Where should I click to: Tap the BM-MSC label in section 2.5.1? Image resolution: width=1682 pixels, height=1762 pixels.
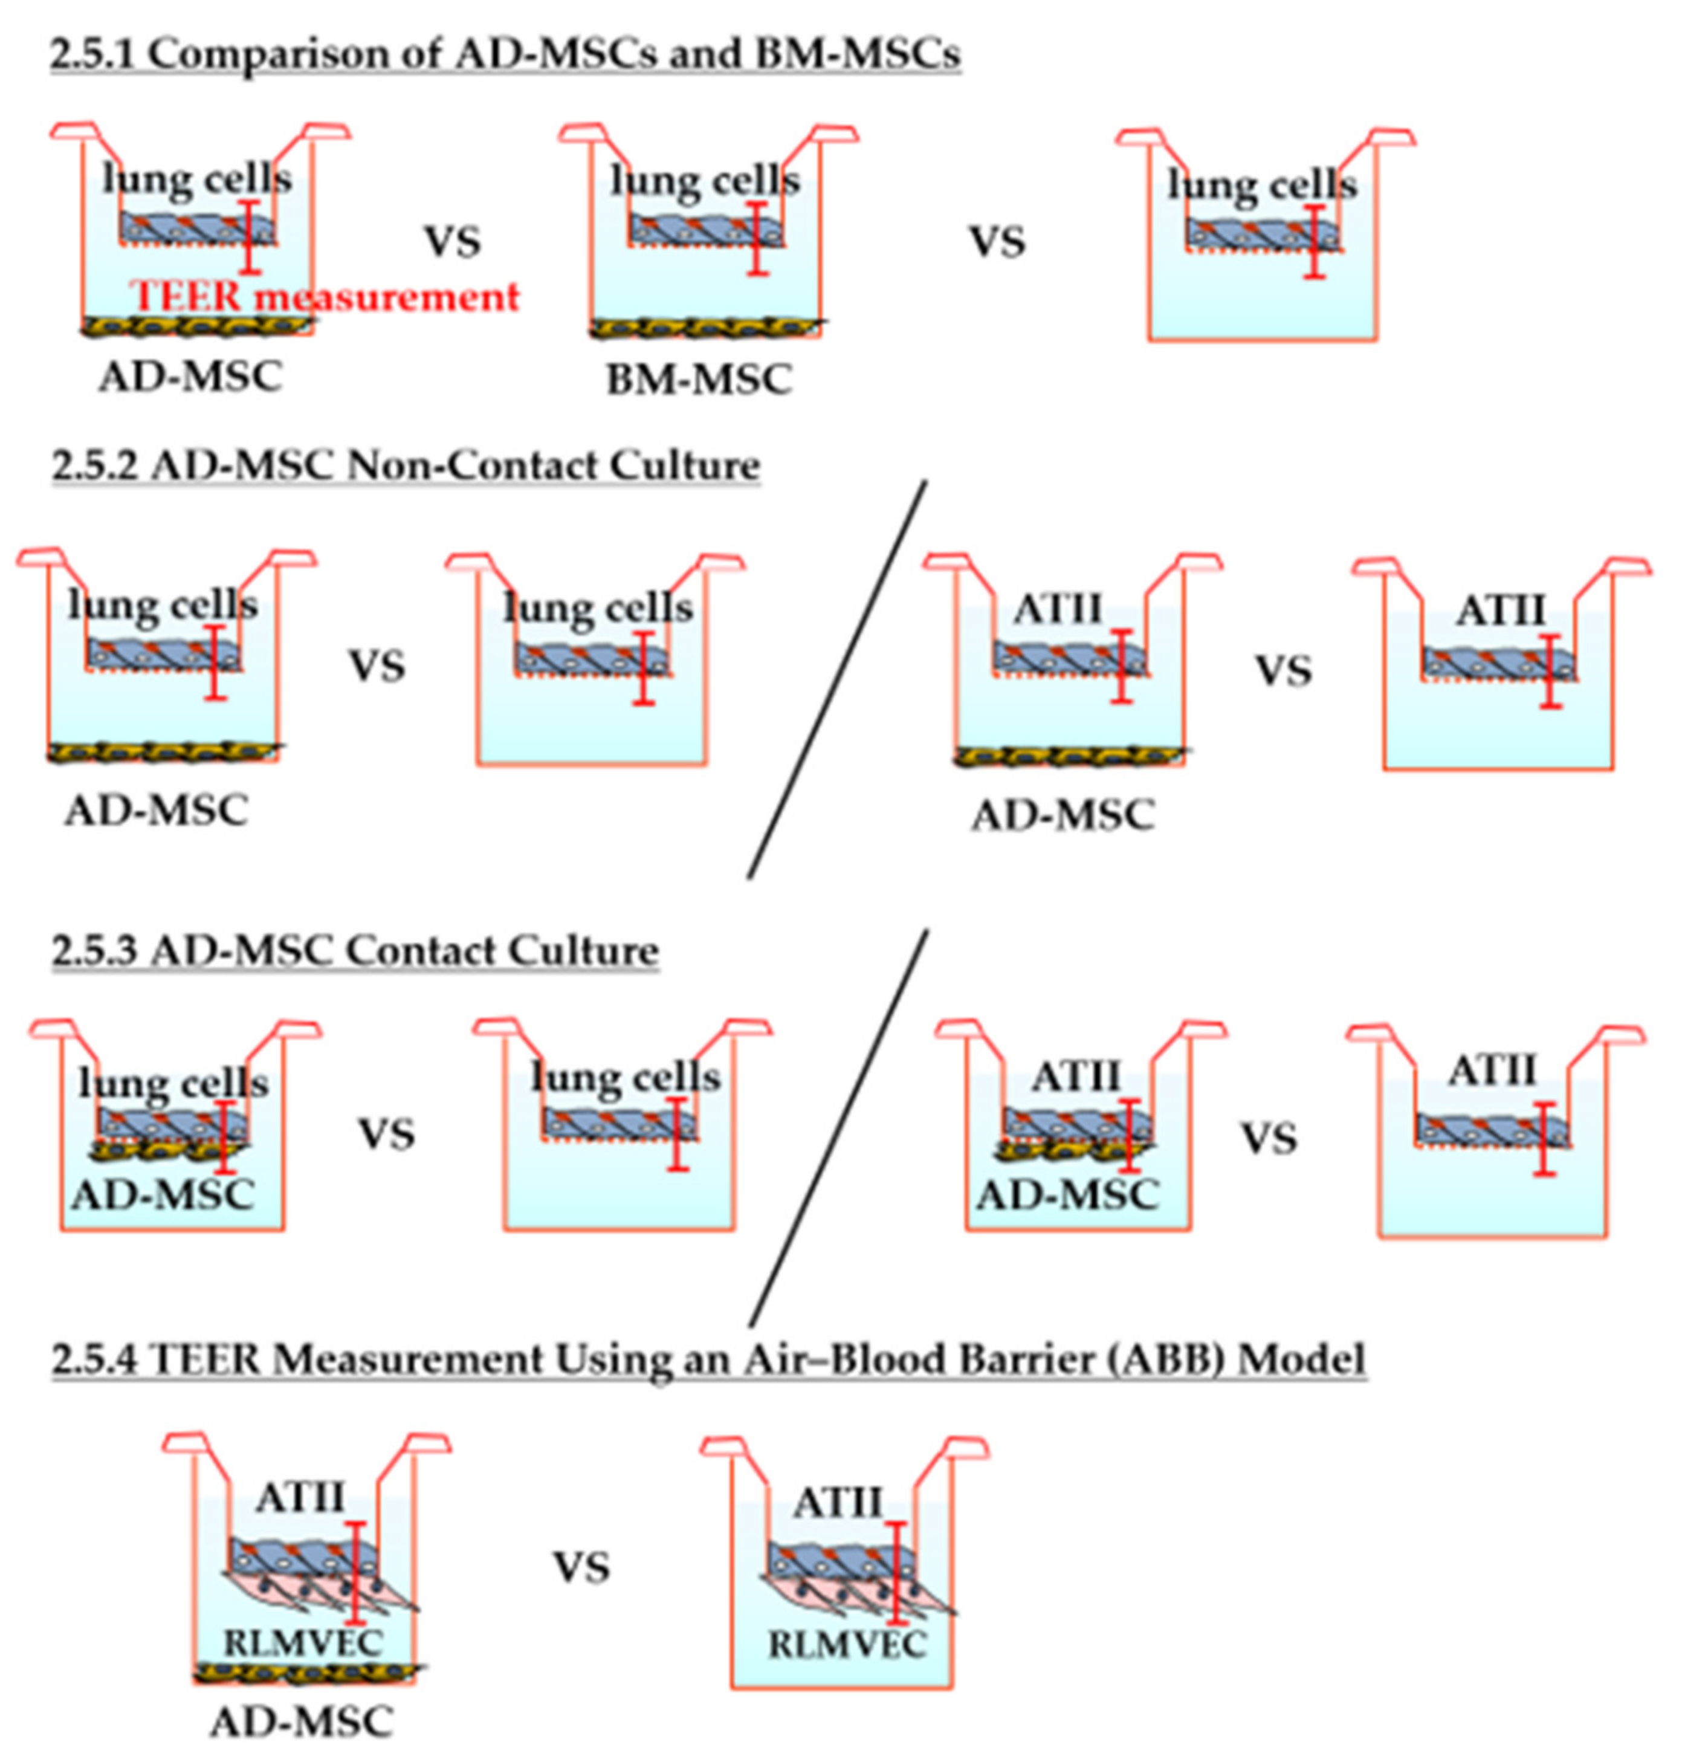tap(699, 380)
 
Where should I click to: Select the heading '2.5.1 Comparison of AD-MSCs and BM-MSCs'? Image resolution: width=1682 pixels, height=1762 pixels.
tap(505, 54)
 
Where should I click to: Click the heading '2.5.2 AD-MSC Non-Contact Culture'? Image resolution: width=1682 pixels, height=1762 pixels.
tap(406, 465)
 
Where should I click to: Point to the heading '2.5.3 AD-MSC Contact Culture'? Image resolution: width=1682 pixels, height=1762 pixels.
tap(355, 950)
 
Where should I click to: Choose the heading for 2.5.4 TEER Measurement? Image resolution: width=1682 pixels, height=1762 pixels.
tap(708, 1359)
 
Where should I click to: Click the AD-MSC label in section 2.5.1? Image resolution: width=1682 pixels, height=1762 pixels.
tap(190, 376)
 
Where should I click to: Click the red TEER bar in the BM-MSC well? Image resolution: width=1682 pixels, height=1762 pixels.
tap(758, 239)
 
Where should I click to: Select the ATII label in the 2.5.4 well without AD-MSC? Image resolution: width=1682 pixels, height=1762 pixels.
tap(838, 1503)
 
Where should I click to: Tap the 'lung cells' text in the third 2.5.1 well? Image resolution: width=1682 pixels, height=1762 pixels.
tap(1263, 185)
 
